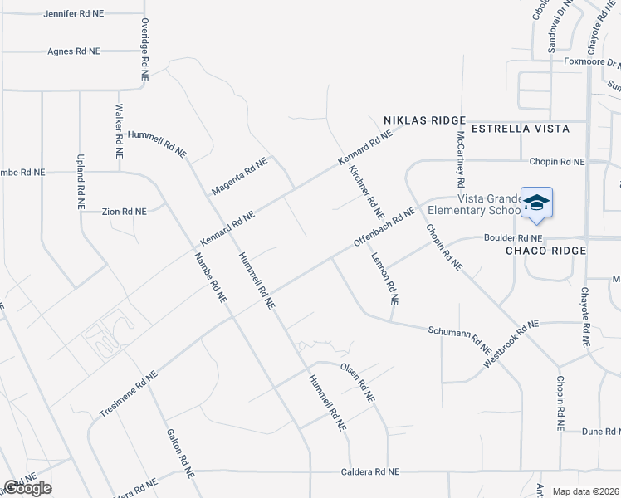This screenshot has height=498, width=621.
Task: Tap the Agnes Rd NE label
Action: tap(74, 51)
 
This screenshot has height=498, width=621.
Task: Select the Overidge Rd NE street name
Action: tap(144, 49)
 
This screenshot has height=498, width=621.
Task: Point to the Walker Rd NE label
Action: tap(119, 131)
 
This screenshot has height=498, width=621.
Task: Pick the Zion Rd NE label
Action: tap(124, 212)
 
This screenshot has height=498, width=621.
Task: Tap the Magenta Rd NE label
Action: tap(239, 175)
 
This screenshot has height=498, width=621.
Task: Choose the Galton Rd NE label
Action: tap(180, 452)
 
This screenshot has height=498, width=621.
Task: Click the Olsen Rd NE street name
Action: tap(357, 381)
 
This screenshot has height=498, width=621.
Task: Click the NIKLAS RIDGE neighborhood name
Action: tap(424, 120)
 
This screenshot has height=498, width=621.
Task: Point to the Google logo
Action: tap(27, 487)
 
